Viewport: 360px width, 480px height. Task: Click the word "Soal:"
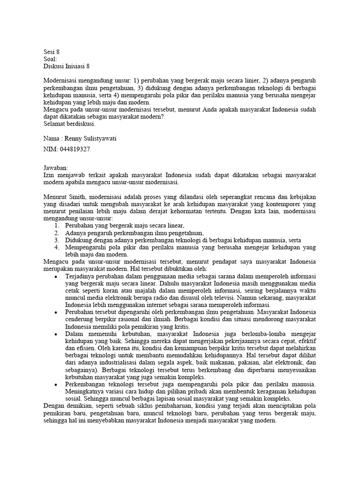pyautogui.click(x=50, y=59)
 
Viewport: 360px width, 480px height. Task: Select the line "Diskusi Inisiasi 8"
pyautogui.click(x=66, y=67)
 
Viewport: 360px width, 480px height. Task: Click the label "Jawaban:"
pyautogui.click(x=55, y=167)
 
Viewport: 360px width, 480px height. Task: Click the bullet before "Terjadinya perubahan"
pyautogui.click(x=56, y=277)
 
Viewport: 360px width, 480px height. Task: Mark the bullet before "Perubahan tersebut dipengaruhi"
pyautogui.click(x=56, y=312)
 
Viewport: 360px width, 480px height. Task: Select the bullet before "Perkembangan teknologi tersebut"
pyautogui.click(x=56, y=384)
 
